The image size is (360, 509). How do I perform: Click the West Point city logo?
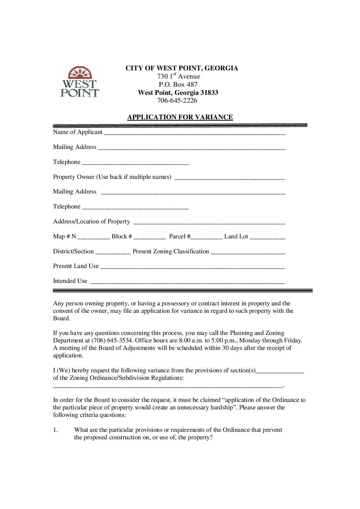point(80,82)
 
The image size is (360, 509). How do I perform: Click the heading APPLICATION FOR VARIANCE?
point(180,117)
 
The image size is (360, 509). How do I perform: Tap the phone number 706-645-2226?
point(177,100)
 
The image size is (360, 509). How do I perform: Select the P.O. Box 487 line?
point(178,84)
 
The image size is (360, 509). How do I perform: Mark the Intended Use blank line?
point(187,282)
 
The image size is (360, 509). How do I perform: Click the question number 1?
point(55,430)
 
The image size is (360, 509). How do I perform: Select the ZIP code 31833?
point(209,92)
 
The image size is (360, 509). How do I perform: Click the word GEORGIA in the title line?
point(221,68)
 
